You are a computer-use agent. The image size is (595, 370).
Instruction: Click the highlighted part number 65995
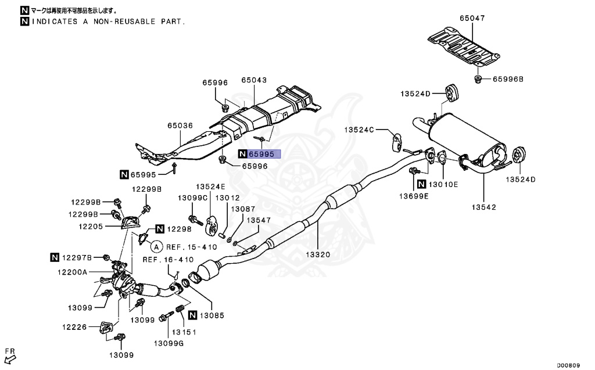click(264, 154)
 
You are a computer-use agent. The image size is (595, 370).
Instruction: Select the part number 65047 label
click(472, 19)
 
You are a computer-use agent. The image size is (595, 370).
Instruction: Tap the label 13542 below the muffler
click(483, 207)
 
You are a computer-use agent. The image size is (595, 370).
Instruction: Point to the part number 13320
click(318, 254)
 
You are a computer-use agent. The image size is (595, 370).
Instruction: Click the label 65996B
click(508, 79)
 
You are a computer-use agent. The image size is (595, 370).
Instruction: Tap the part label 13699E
click(413, 196)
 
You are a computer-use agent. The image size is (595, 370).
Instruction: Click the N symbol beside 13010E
click(421, 184)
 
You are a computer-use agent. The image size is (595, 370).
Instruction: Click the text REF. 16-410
click(169, 260)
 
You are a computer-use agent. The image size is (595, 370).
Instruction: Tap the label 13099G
click(169, 343)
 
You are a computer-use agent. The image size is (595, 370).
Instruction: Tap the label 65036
click(180, 125)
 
